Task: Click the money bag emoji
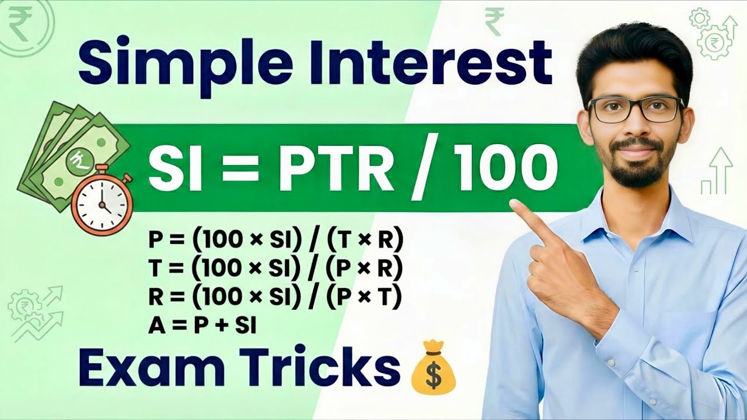[x=433, y=370]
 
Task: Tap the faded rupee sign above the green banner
[x=494, y=22]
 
